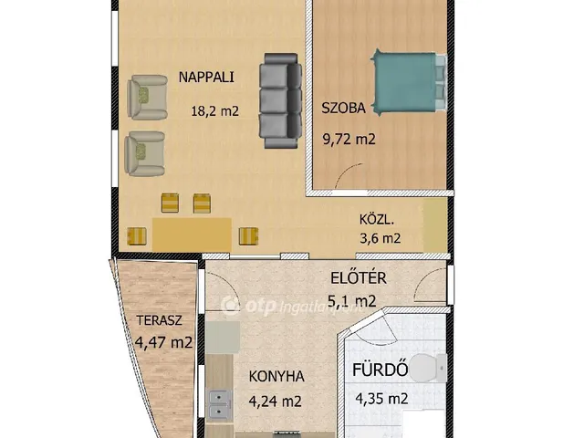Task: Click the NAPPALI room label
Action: tap(206, 77)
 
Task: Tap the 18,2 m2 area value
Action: tap(214, 111)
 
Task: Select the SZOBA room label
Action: tap(343, 108)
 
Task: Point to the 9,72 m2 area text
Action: tap(349, 140)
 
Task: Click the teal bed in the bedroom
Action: tap(409, 82)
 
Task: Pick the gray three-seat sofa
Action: tap(280, 100)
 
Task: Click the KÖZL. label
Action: tap(377, 219)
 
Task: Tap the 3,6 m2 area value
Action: tap(380, 238)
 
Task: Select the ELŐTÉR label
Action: tap(359, 277)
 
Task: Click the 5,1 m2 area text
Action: tap(351, 301)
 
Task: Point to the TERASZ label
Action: tap(159, 320)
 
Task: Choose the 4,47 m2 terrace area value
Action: tap(163, 342)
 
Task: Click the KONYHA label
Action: tap(276, 377)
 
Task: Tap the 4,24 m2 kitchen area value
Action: tap(276, 401)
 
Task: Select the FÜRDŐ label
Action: tap(380, 370)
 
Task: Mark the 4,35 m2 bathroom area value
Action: tap(381, 399)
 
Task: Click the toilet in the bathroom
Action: tap(428, 368)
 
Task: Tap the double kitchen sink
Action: tap(219, 405)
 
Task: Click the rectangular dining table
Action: tap(192, 235)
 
